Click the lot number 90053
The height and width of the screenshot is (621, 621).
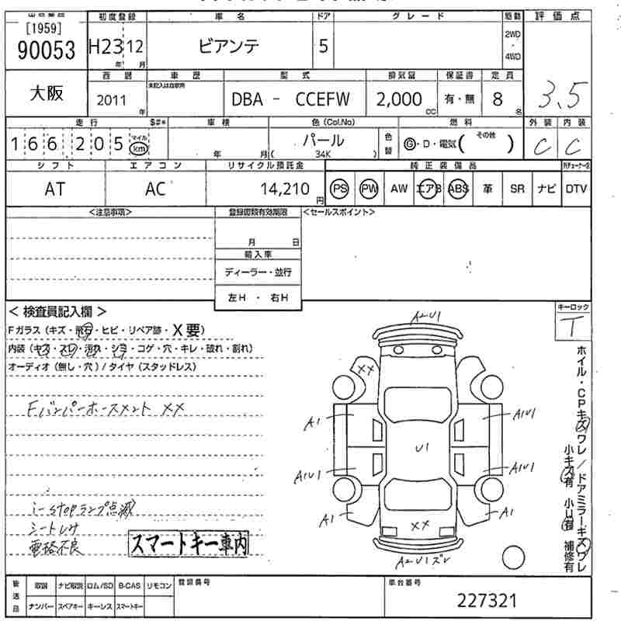click(46, 50)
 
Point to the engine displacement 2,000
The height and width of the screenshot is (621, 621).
click(400, 99)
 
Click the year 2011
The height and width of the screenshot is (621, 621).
click(113, 100)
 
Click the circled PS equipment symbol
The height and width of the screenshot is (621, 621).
click(339, 189)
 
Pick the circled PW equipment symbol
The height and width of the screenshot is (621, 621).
click(369, 189)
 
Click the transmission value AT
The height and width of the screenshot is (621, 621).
click(54, 189)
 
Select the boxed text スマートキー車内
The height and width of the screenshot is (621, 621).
click(189, 544)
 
